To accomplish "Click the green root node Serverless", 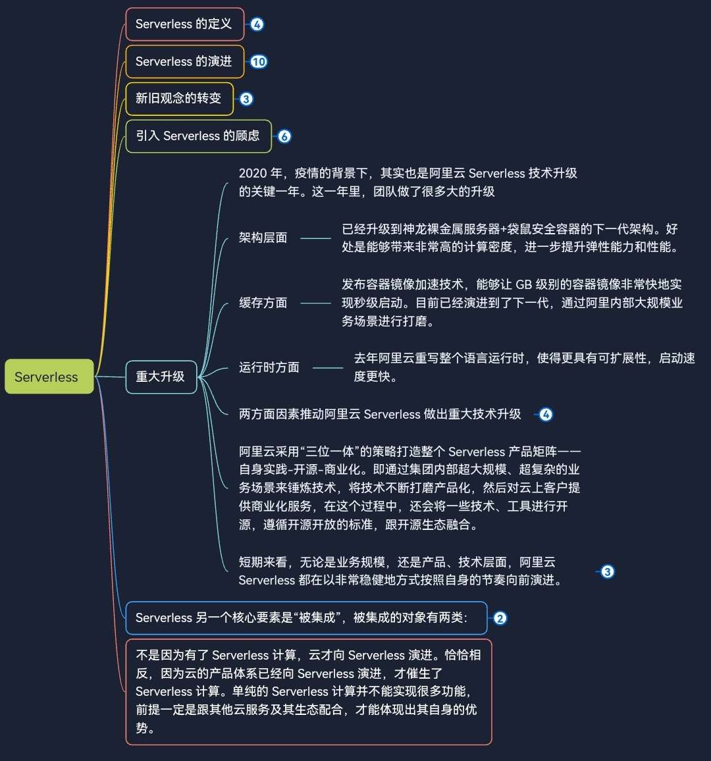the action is pyautogui.click(x=49, y=377).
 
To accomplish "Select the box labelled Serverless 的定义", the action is pyautogui.click(x=184, y=24).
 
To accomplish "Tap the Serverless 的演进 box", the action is pyautogui.click(x=184, y=62).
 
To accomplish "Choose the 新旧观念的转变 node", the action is pyautogui.click(x=179, y=99).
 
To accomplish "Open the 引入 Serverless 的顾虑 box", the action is pyautogui.click(x=198, y=136).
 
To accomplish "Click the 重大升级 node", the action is pyautogui.click(x=161, y=377).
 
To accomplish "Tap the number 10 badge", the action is pyautogui.click(x=258, y=62).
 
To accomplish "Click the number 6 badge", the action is pyautogui.click(x=284, y=136).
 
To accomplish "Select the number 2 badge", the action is pyautogui.click(x=500, y=618).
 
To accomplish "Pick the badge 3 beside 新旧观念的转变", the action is pyautogui.click(x=246, y=99).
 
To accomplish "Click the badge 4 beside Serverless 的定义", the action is pyautogui.click(x=257, y=24).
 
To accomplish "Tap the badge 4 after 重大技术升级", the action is pyautogui.click(x=546, y=415).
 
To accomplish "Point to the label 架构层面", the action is pyautogui.click(x=263, y=238).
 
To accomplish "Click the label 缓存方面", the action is pyautogui.click(x=263, y=303).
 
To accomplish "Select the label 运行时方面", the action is pyautogui.click(x=269, y=367).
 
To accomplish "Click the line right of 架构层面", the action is pyautogui.click(x=315, y=238).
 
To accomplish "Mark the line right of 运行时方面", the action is pyautogui.click(x=328, y=368).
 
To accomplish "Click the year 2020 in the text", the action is pyautogui.click(x=252, y=173).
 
